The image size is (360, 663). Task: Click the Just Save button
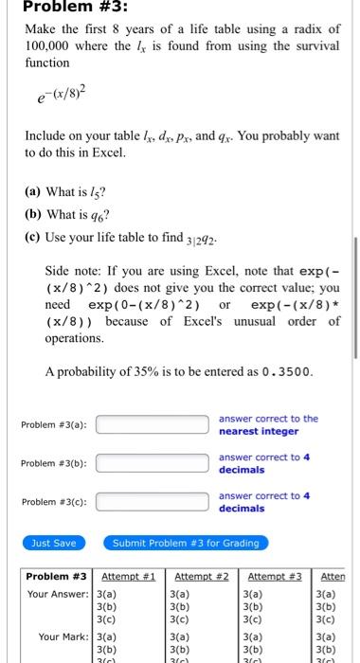[55, 544]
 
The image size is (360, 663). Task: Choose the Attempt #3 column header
[275, 577]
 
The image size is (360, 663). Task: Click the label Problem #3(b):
[54, 464]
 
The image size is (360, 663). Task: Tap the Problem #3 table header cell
[57, 577]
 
